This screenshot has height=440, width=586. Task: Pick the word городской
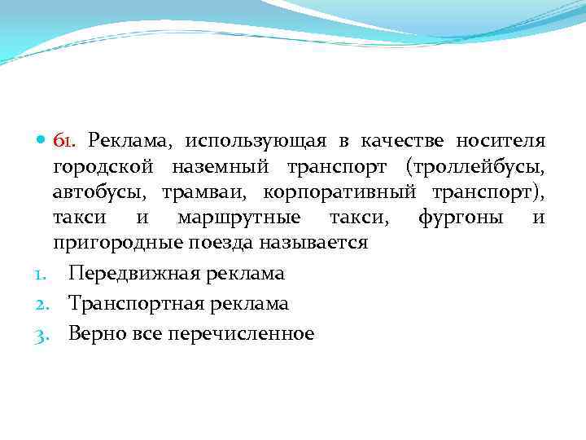103,167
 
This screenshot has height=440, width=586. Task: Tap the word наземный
221,167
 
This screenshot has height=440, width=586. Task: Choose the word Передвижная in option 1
125,274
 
